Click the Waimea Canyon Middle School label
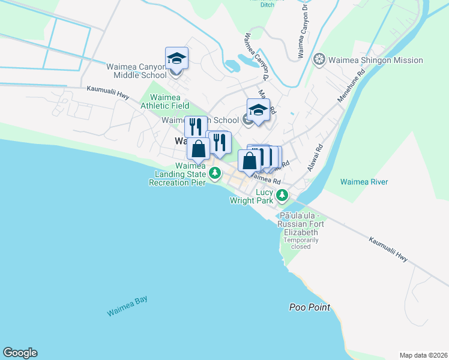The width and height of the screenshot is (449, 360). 137,71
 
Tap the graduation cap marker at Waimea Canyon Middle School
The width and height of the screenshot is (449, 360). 176,59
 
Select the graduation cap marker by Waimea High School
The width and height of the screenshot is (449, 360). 258,110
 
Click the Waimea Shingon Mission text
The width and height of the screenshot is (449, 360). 376,60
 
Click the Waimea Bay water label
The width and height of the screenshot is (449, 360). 127,307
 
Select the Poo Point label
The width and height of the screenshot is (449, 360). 309,307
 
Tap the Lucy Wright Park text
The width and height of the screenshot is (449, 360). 252,197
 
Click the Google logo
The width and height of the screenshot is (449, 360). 20,353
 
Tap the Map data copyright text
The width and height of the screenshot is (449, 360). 423,355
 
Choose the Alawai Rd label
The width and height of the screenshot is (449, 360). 315,158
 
